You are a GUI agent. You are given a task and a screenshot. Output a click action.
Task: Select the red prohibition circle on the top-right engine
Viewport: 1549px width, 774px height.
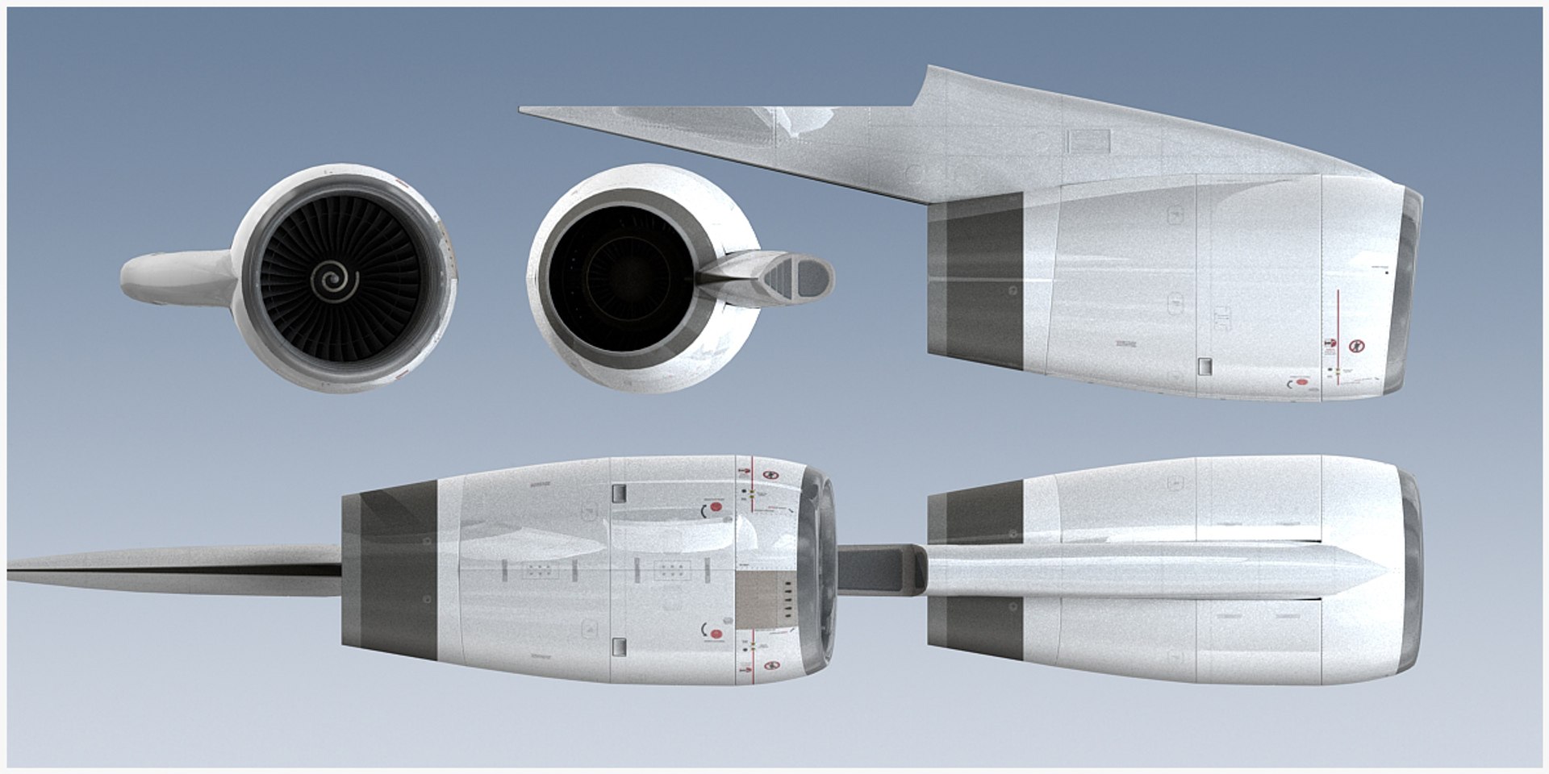[1357, 345]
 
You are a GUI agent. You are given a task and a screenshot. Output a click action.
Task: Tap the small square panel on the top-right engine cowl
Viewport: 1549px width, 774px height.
[1205, 367]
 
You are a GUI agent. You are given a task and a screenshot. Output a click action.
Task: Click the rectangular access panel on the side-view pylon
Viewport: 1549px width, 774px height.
[1088, 142]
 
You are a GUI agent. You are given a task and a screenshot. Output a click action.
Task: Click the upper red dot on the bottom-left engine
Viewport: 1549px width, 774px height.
[715, 508]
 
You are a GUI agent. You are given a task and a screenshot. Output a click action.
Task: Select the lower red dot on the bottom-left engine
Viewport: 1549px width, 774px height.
[715, 633]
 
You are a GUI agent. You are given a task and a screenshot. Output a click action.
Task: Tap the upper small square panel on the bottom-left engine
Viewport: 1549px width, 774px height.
[620, 493]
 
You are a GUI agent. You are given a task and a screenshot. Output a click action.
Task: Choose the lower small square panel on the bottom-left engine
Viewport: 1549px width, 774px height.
[620, 646]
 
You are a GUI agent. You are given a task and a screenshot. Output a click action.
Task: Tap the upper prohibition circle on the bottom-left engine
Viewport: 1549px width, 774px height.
[770, 476]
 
